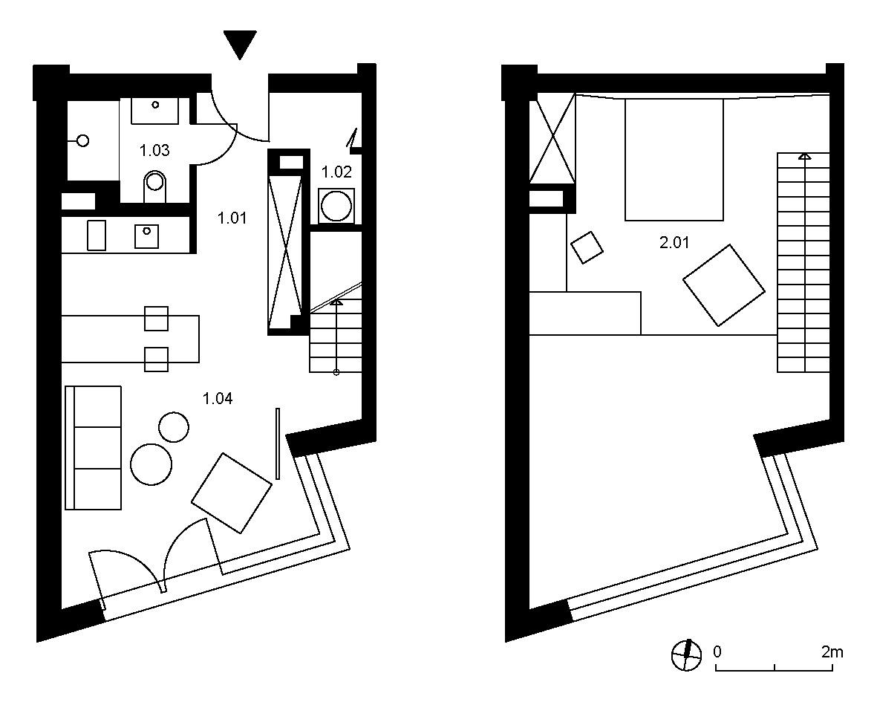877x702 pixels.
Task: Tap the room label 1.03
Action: [x=154, y=151]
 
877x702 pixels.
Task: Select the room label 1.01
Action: [x=232, y=218]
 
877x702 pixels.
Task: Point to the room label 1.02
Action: [x=336, y=172]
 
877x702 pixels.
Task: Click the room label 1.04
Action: [x=218, y=398]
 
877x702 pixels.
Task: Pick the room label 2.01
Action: [x=674, y=242]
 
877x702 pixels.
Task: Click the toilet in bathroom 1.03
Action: [x=155, y=186]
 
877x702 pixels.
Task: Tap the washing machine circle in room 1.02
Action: [x=336, y=206]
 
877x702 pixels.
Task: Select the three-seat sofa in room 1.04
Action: [x=94, y=447]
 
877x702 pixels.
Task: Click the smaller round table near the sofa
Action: [x=174, y=427]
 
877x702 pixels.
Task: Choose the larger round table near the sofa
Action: [x=151, y=464]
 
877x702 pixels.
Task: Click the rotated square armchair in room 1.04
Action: [x=232, y=493]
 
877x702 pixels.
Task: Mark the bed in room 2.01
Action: [x=674, y=160]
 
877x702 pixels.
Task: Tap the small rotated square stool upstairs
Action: [x=587, y=247]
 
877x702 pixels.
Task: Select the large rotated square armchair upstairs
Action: [x=724, y=285]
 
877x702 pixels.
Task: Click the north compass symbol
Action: [x=686, y=654]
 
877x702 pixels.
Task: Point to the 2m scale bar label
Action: [x=832, y=651]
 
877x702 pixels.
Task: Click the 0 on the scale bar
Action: [x=717, y=651]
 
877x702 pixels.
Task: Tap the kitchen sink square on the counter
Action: [x=146, y=236]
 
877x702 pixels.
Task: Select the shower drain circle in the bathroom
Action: [x=83, y=140]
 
